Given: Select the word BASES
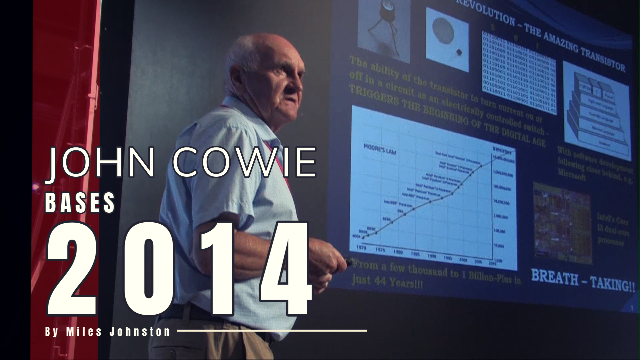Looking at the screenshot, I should coord(80,203).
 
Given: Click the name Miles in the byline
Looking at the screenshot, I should coord(84,332).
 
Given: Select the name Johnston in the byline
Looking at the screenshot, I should coord(140,332).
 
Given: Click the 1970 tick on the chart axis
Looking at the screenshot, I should coord(361,248).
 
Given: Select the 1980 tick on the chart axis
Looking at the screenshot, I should coord(398,252).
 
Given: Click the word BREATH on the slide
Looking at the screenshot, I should coord(554,277).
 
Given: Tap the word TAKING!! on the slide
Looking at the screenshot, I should coord(613,284).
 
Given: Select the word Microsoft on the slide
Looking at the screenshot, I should coord(572,175).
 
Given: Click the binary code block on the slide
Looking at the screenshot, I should coord(519,73).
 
